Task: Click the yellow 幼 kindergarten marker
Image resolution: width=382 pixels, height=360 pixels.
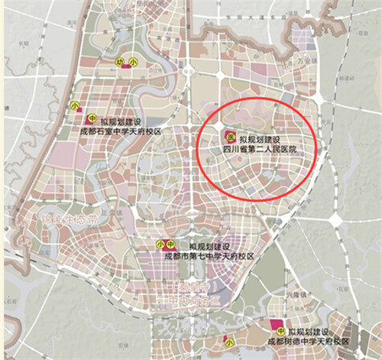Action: pos(120,61)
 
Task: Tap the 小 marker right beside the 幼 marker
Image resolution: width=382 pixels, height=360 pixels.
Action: pos(133,61)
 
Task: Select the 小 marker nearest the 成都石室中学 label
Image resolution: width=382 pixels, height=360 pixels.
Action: pos(74,105)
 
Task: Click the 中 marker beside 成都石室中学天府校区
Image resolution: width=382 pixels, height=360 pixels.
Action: pos(91,119)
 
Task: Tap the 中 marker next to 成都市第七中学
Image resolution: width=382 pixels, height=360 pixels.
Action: pos(173,244)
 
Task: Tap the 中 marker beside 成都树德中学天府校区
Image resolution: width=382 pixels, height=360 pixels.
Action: pos(281,331)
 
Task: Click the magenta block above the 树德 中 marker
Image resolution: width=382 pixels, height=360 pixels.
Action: pos(275,322)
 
